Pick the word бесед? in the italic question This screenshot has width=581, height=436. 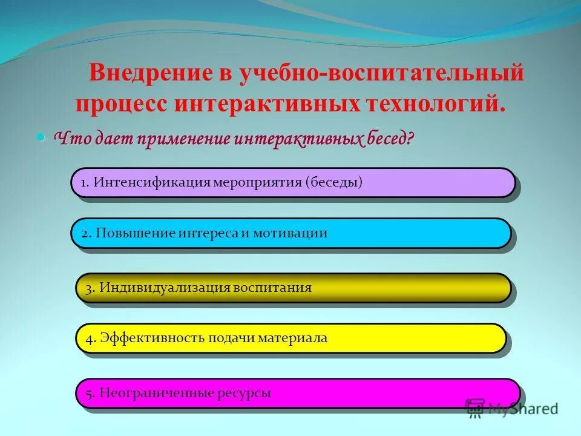click(390, 139)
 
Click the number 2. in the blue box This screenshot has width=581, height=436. click(86, 233)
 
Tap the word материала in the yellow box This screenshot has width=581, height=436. click(292, 338)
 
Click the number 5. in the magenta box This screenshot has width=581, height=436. click(90, 393)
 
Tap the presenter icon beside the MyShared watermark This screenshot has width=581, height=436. click(475, 408)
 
